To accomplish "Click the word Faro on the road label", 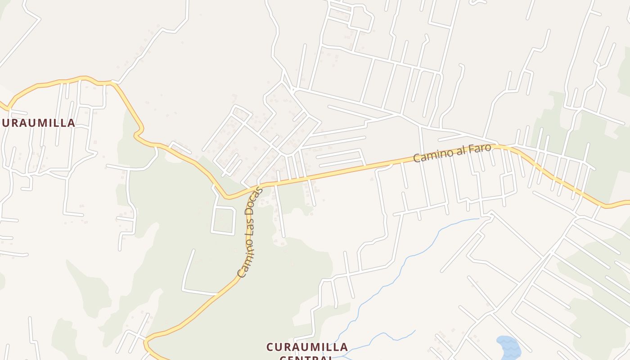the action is pos(478,149).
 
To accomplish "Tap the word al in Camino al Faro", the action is pos(459,153).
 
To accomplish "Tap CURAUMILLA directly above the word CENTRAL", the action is pos(307,347).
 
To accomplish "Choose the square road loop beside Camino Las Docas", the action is pos(224,220).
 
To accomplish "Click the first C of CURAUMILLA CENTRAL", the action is pos(270,347).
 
